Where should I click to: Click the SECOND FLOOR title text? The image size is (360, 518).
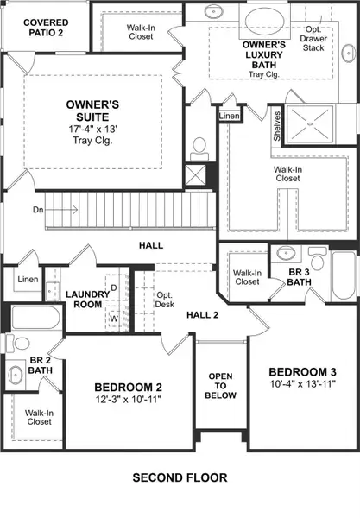pyautogui.click(x=180, y=476)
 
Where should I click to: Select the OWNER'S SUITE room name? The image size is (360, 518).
pyautogui.click(x=93, y=111)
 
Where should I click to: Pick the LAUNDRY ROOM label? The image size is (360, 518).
pyautogui.click(x=87, y=299)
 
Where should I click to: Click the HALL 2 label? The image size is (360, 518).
pyautogui.click(x=205, y=314)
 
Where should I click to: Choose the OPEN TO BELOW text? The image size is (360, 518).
pyautogui.click(x=220, y=386)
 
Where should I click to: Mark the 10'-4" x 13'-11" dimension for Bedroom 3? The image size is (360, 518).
pyautogui.click(x=300, y=385)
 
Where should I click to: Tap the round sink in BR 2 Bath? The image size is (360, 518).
pyautogui.click(x=15, y=375)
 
